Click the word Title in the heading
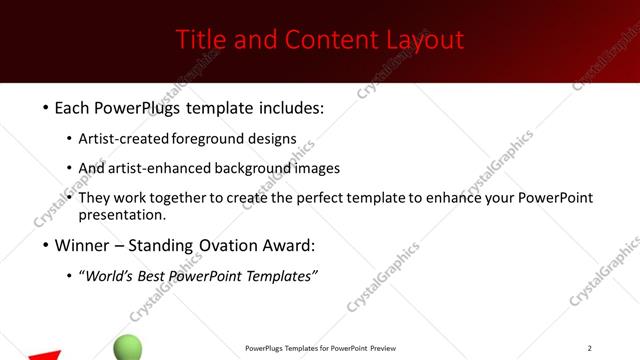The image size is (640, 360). [199, 40]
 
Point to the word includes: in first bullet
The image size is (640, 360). [289, 106]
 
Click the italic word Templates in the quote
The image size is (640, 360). [279, 276]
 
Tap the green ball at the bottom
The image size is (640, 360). [128, 348]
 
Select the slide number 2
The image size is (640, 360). [589, 348]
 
